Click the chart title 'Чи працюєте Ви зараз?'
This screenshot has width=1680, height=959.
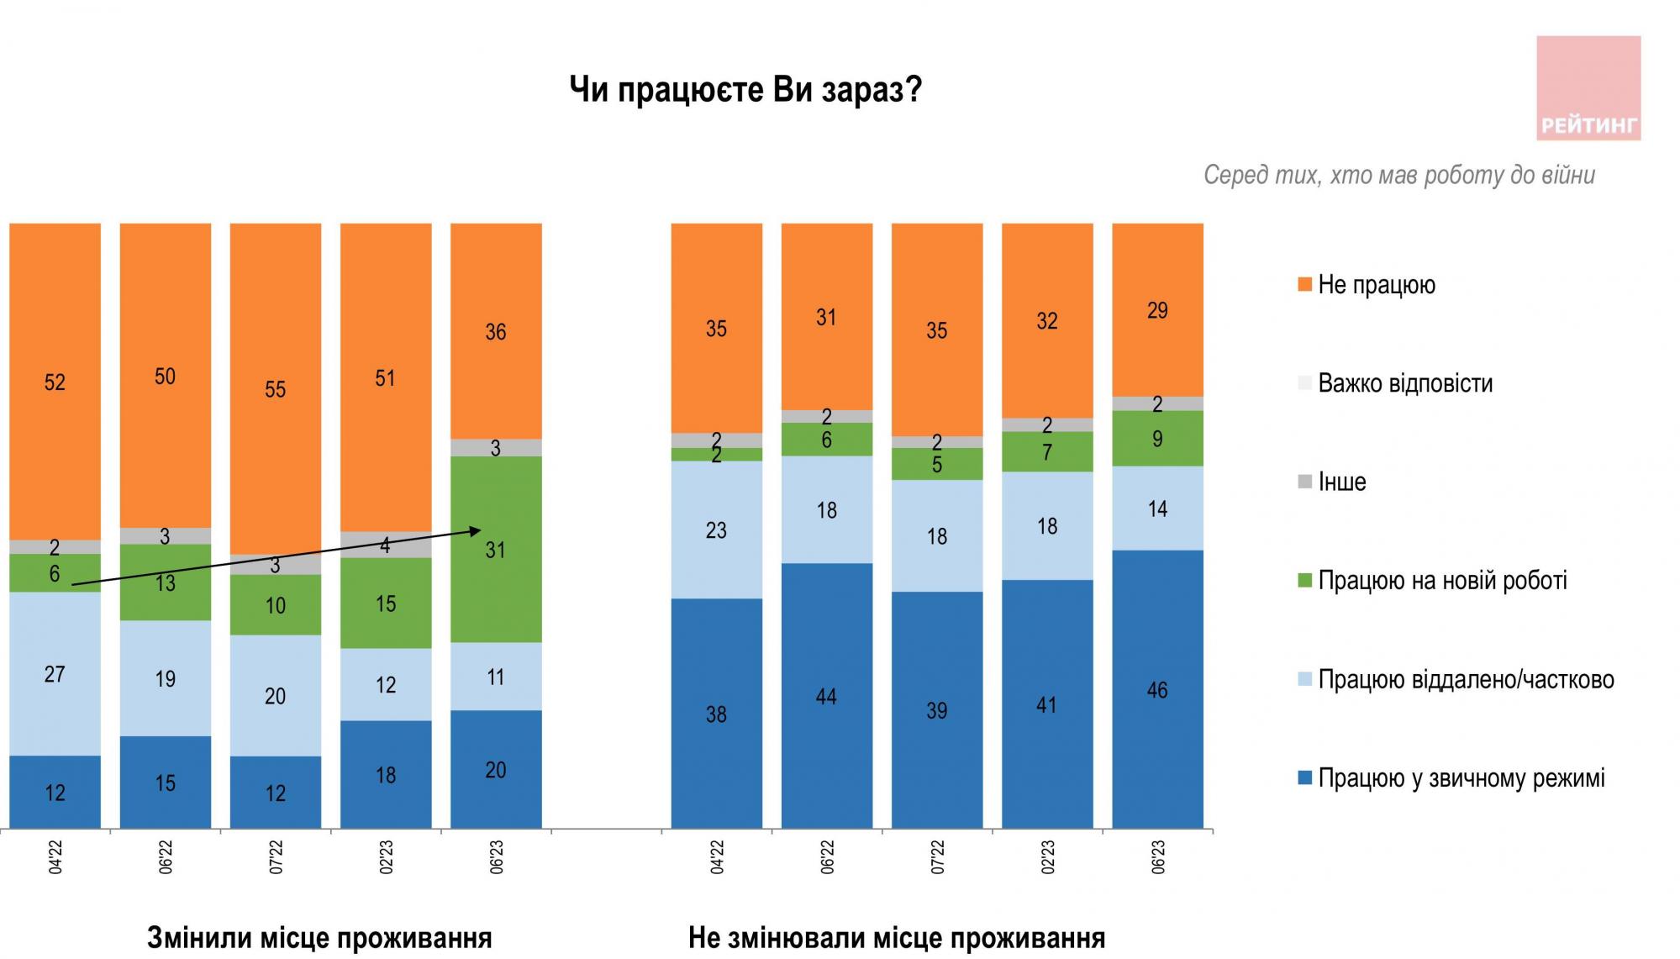click(745, 90)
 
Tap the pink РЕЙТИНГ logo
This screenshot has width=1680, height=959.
click(1588, 87)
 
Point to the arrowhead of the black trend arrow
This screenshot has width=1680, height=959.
click(477, 530)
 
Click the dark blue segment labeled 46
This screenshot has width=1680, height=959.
click(1157, 689)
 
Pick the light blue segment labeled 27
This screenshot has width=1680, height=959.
click(55, 673)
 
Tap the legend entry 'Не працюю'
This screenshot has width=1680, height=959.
click(1376, 285)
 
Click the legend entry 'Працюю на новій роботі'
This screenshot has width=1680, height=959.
click(1441, 581)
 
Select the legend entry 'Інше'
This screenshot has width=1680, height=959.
click(1341, 482)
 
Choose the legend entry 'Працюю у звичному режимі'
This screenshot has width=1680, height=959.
click(1461, 778)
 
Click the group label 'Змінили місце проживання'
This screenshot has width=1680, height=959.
click(319, 937)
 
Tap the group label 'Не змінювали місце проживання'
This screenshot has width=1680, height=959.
click(896, 937)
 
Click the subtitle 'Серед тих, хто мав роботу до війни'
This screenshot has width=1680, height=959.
click(1398, 176)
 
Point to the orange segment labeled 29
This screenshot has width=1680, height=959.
click(1157, 309)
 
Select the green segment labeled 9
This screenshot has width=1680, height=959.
click(1157, 438)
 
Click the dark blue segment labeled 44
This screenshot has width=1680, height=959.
click(826, 696)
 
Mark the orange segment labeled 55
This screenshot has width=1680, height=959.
click(275, 388)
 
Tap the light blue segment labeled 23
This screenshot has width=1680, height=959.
click(716, 530)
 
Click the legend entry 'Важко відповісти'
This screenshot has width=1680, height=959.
click(1404, 384)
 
